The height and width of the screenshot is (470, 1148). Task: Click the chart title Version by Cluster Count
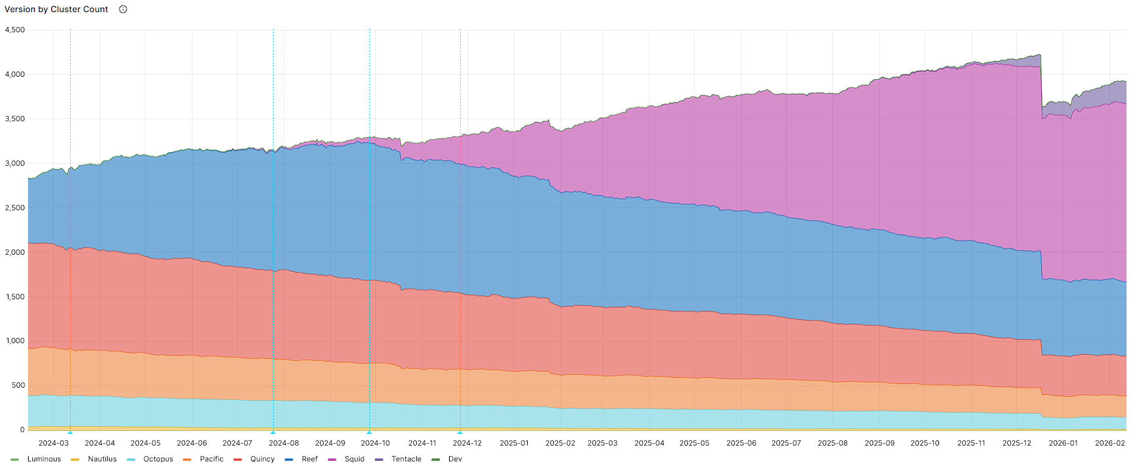(56, 9)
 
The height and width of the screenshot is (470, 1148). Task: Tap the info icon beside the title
(123, 9)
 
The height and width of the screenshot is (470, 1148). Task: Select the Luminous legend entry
(43, 459)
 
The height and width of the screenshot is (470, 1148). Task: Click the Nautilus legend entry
(102, 459)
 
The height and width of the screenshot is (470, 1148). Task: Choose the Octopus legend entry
(158, 459)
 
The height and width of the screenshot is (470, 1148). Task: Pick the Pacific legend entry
(211, 459)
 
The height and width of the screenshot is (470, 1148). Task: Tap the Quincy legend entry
(262, 459)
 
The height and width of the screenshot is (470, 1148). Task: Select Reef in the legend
(310, 459)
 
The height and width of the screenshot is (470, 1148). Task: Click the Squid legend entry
(354, 459)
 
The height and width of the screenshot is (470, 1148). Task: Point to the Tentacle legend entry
(406, 459)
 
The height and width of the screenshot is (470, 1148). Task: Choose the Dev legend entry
(455, 459)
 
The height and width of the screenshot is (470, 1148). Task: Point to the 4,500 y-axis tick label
(15, 30)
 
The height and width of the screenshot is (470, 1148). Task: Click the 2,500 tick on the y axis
(15, 208)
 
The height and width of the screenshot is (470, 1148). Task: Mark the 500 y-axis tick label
(18, 385)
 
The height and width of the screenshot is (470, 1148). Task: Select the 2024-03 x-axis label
(54, 443)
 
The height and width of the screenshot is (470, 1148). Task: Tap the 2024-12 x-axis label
(467, 443)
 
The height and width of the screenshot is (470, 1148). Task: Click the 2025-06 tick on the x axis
(741, 443)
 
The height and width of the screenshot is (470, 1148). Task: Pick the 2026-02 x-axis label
(1110, 443)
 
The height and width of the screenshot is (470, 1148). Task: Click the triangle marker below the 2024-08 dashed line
(273, 432)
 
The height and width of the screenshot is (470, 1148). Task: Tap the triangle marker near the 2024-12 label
(460, 432)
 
